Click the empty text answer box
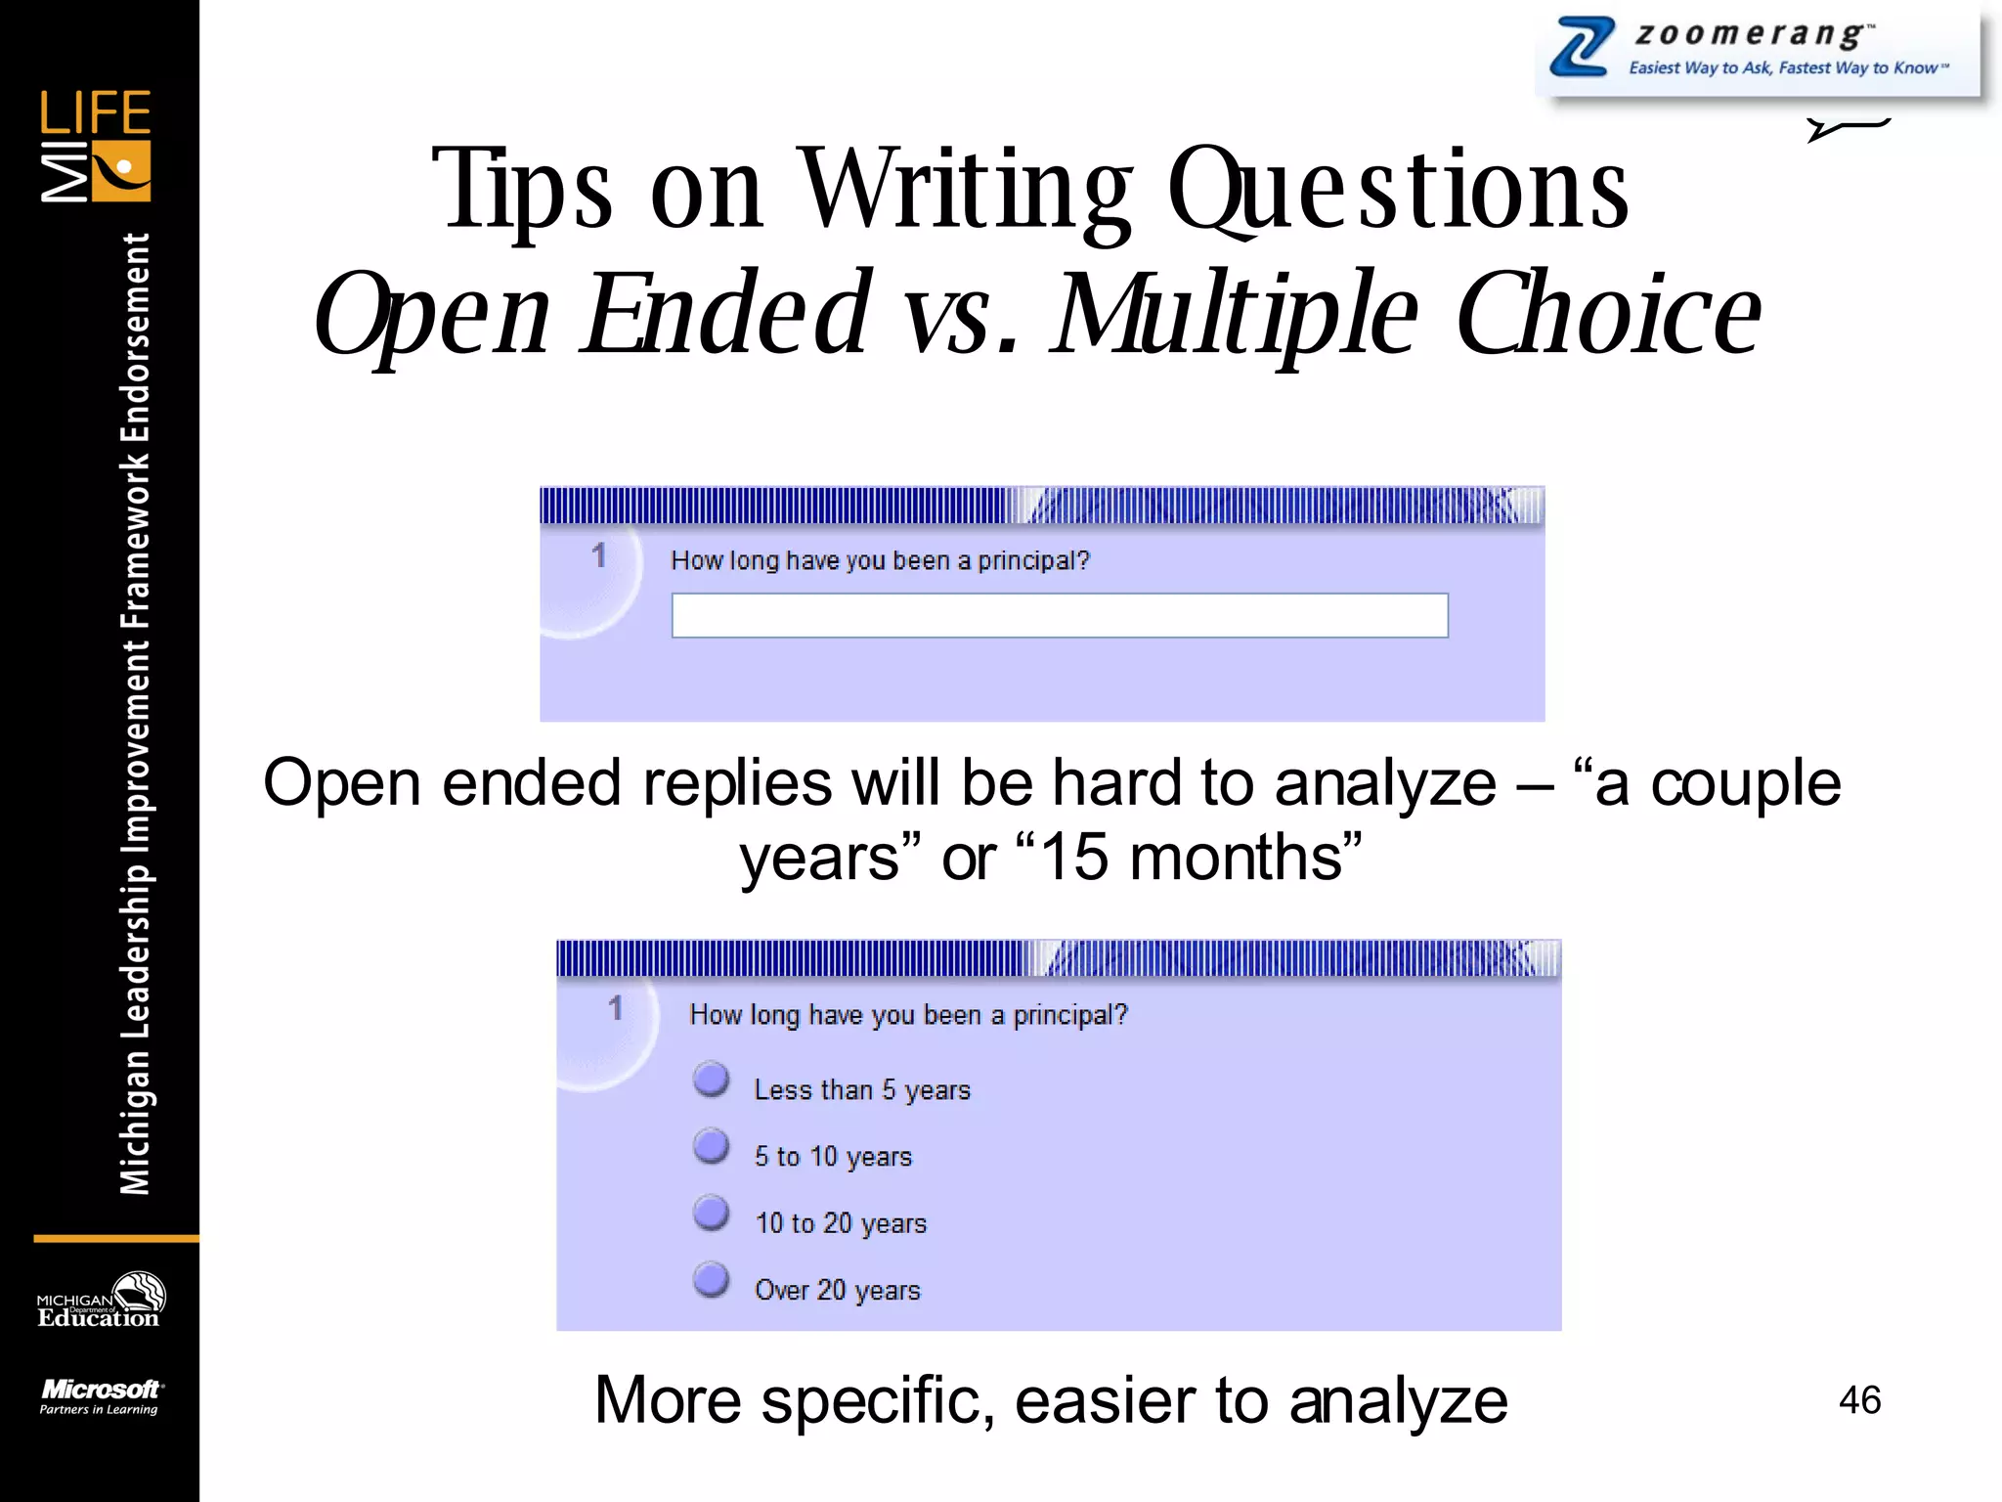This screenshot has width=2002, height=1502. tap(1059, 615)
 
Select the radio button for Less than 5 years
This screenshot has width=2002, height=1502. tap(712, 1080)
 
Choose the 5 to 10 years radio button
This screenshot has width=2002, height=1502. tap(712, 1146)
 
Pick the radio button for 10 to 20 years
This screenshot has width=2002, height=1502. tap(712, 1213)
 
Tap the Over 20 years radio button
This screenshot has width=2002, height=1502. tap(712, 1279)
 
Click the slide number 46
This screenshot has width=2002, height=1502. tap(1859, 1399)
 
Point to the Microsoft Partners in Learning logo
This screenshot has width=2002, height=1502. tap(100, 1395)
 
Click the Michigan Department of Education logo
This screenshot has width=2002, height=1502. tap(100, 1302)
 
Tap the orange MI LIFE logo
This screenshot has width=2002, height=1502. tap(96, 147)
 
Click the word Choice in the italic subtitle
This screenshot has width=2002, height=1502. tap(1608, 314)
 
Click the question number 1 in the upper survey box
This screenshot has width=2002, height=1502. tap(598, 556)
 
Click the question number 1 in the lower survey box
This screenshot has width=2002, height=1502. tap(615, 1008)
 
